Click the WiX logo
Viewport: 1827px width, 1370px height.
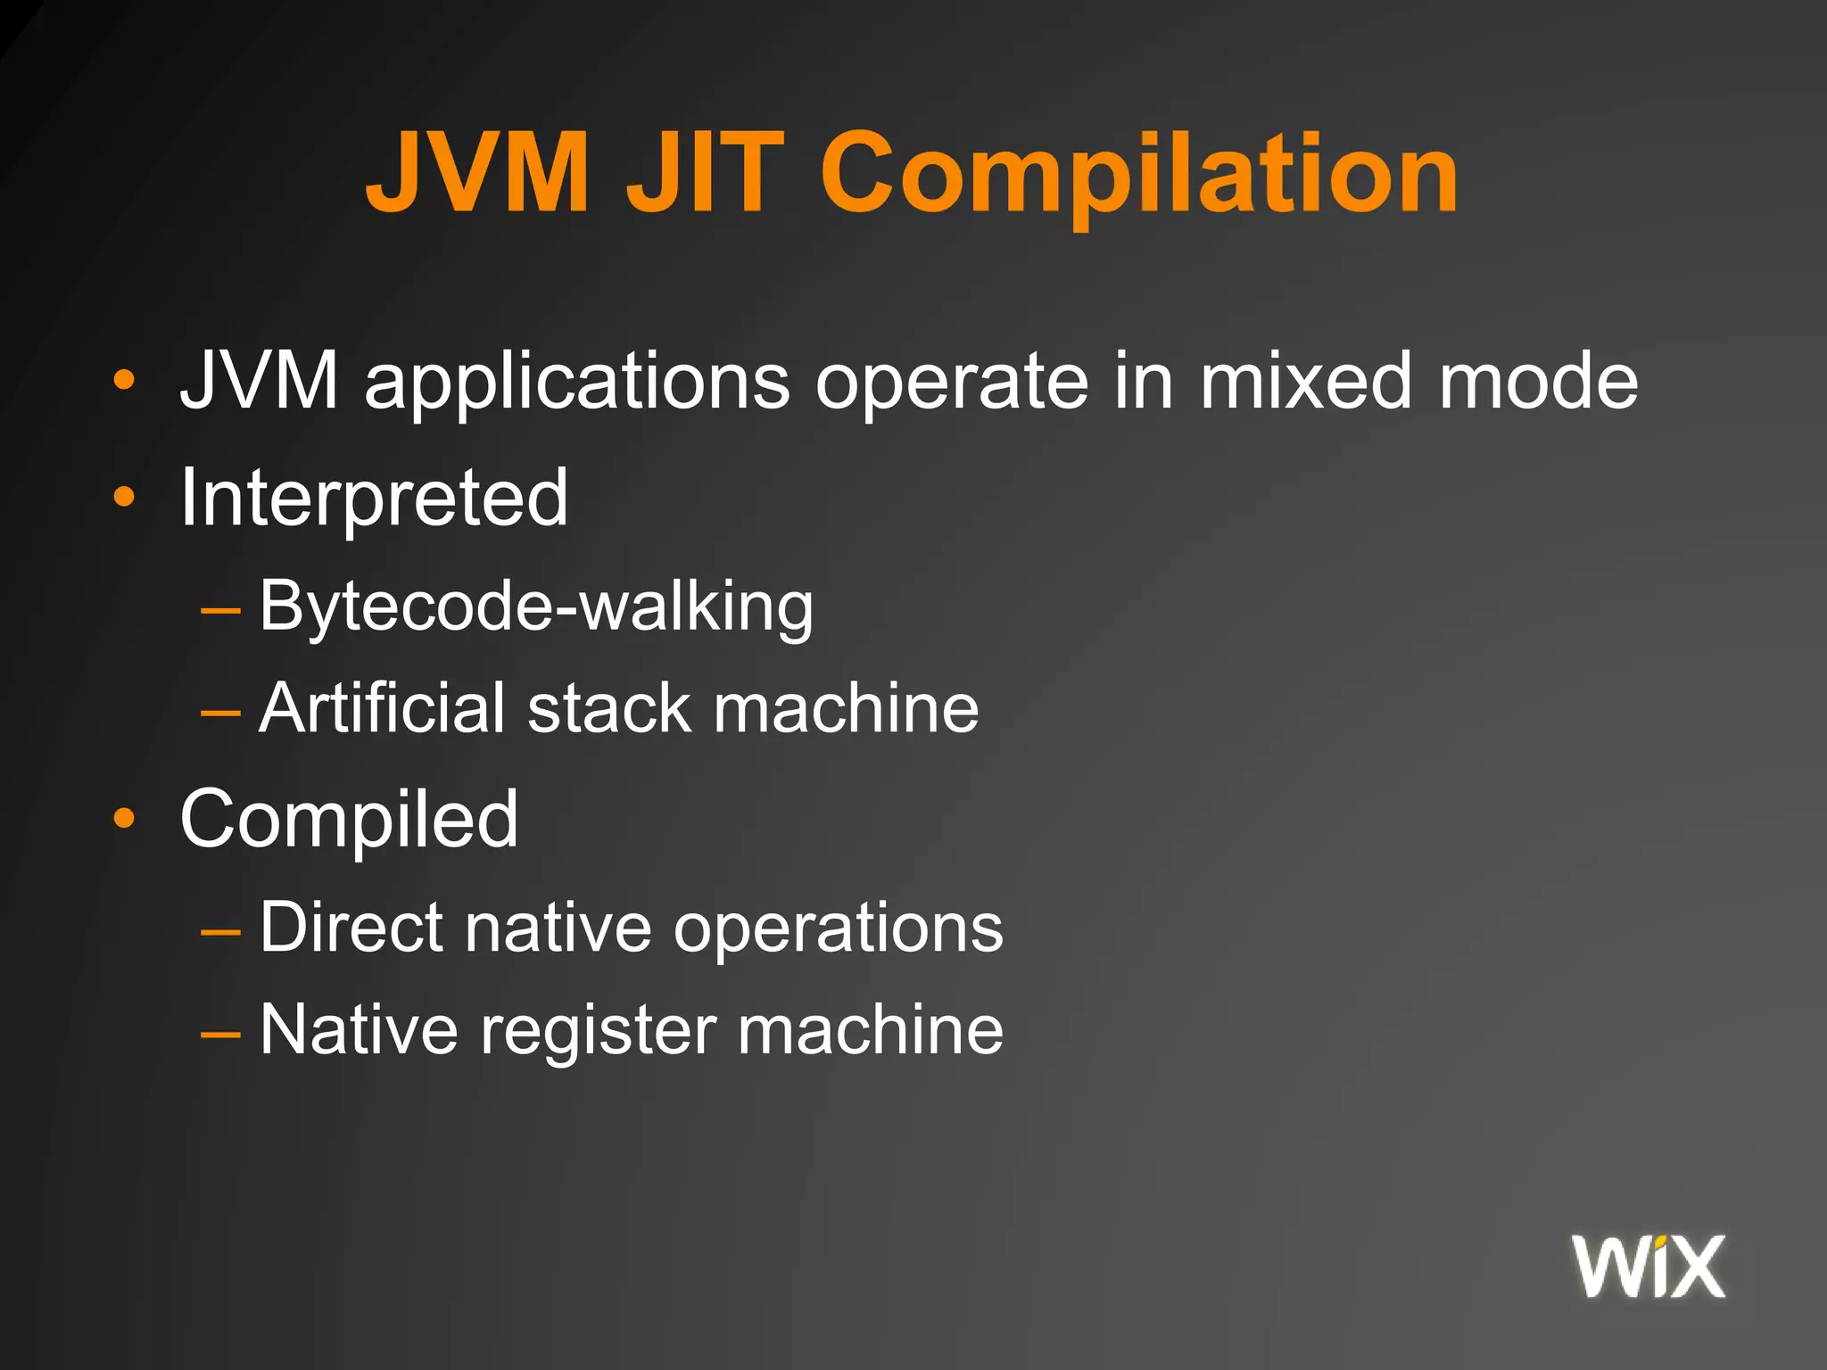[1649, 1266]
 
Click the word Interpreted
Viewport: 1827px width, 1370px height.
[374, 497]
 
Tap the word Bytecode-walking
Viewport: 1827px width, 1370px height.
[536, 607]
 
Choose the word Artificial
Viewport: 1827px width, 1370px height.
[383, 708]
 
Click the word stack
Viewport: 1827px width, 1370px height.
[609, 708]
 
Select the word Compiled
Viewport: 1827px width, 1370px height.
[349, 819]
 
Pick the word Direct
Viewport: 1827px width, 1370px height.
[351, 928]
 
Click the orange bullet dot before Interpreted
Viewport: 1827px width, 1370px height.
[124, 498]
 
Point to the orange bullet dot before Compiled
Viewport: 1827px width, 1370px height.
[124, 818]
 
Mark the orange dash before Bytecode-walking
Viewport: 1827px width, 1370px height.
[220, 611]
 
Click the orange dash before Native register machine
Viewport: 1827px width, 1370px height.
[220, 1034]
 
